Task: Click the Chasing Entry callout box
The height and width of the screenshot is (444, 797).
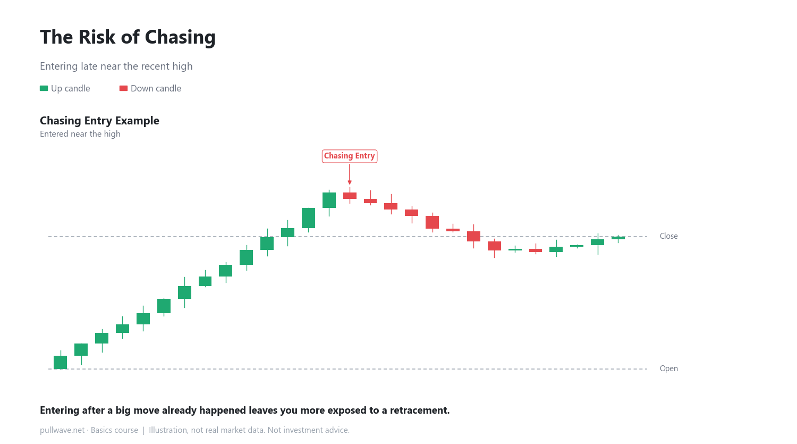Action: click(350, 156)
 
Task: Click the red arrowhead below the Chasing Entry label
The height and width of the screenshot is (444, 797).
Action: click(350, 183)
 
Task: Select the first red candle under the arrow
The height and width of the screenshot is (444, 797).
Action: click(350, 196)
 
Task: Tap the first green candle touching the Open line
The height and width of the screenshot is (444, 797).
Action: click(61, 362)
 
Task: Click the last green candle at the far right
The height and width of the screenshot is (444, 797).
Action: click(618, 238)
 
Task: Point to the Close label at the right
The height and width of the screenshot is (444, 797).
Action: click(668, 236)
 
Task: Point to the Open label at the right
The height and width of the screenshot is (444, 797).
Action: click(668, 368)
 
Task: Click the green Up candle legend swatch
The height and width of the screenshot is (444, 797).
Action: click(44, 88)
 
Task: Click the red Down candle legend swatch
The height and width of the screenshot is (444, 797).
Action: click(123, 88)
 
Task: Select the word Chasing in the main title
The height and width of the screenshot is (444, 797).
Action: click(180, 37)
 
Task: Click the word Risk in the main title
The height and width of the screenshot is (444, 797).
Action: click(97, 37)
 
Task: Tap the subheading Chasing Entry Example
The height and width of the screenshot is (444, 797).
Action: click(100, 121)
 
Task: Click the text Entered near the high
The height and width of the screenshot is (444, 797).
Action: click(80, 134)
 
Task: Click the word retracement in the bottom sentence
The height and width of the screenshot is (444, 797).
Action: click(420, 411)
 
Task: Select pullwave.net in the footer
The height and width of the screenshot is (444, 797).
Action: click(62, 430)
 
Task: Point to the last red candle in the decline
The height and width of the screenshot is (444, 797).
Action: click(536, 250)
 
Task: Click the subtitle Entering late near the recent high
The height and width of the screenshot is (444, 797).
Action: click(116, 66)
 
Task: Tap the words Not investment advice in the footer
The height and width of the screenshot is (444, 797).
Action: click(309, 430)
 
